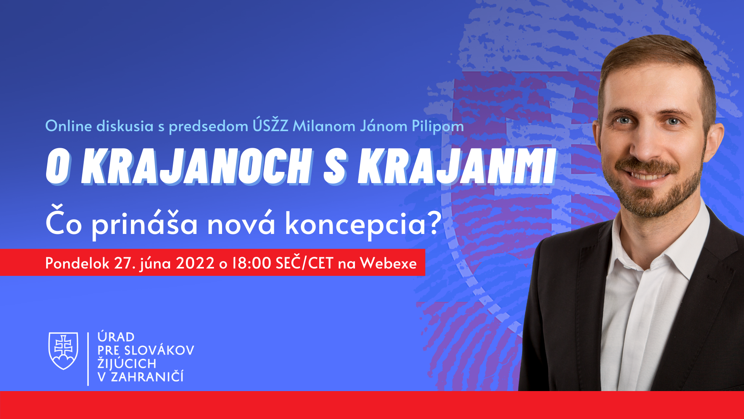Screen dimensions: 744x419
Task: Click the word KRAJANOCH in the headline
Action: pos(197,166)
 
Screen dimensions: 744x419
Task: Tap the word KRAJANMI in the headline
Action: pos(457,166)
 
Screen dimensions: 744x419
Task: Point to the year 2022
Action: pos(195,263)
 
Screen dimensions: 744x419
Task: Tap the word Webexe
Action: pos(388,263)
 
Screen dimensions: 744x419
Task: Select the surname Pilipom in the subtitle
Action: pos(437,126)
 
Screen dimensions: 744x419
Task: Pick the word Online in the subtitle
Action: pos(69,126)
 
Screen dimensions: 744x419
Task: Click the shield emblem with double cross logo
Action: pos(63,351)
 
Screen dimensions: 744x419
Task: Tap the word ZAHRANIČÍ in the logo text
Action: pos(147,376)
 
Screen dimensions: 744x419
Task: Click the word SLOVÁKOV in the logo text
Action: pos(159,350)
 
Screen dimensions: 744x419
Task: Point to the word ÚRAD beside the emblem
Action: pos(116,336)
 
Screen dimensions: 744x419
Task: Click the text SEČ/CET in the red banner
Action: pos(305,263)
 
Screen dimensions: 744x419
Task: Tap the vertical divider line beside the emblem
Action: pos(88,359)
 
